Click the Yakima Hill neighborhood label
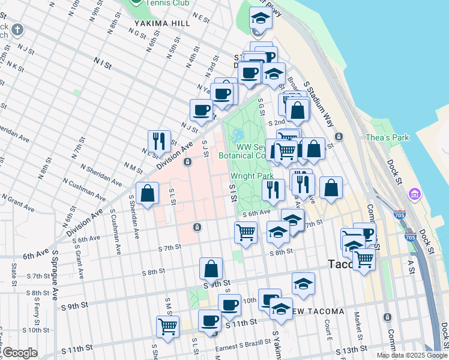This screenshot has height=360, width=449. pos(162,23)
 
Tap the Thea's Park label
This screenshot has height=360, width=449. pos(387,137)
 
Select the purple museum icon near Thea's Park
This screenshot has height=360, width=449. pos(413,194)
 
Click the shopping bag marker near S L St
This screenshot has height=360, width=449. pos(147,193)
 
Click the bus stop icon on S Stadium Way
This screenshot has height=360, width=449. pos(339,136)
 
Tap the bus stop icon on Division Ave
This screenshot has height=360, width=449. pos(188,162)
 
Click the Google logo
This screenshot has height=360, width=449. pos(20,353)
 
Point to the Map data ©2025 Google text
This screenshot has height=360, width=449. pos(412,355)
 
